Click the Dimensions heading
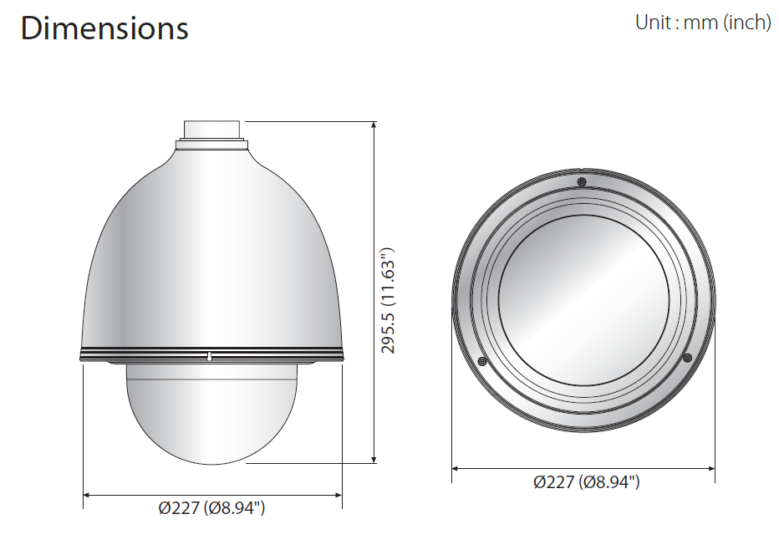104,28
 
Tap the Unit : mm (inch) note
703,22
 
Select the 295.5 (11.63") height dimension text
388,300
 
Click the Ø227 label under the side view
211,507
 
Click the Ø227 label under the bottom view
587,481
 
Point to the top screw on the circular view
583,182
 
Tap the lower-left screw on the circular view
481,361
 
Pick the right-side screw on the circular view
688,357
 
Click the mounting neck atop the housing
212,130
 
